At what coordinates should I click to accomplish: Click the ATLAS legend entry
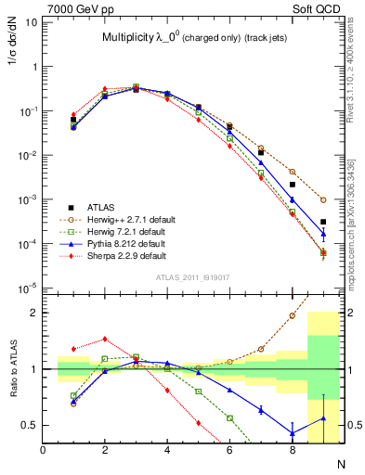pyautogui.click(x=100, y=207)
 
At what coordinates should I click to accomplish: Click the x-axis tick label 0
pyautogui.click(x=44, y=452)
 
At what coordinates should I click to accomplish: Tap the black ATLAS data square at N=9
pyautogui.click(x=323, y=222)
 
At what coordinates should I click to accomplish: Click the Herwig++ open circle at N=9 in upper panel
pyautogui.click(x=323, y=199)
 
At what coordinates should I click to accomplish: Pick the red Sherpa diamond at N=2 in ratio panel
pyautogui.click(x=105, y=339)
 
